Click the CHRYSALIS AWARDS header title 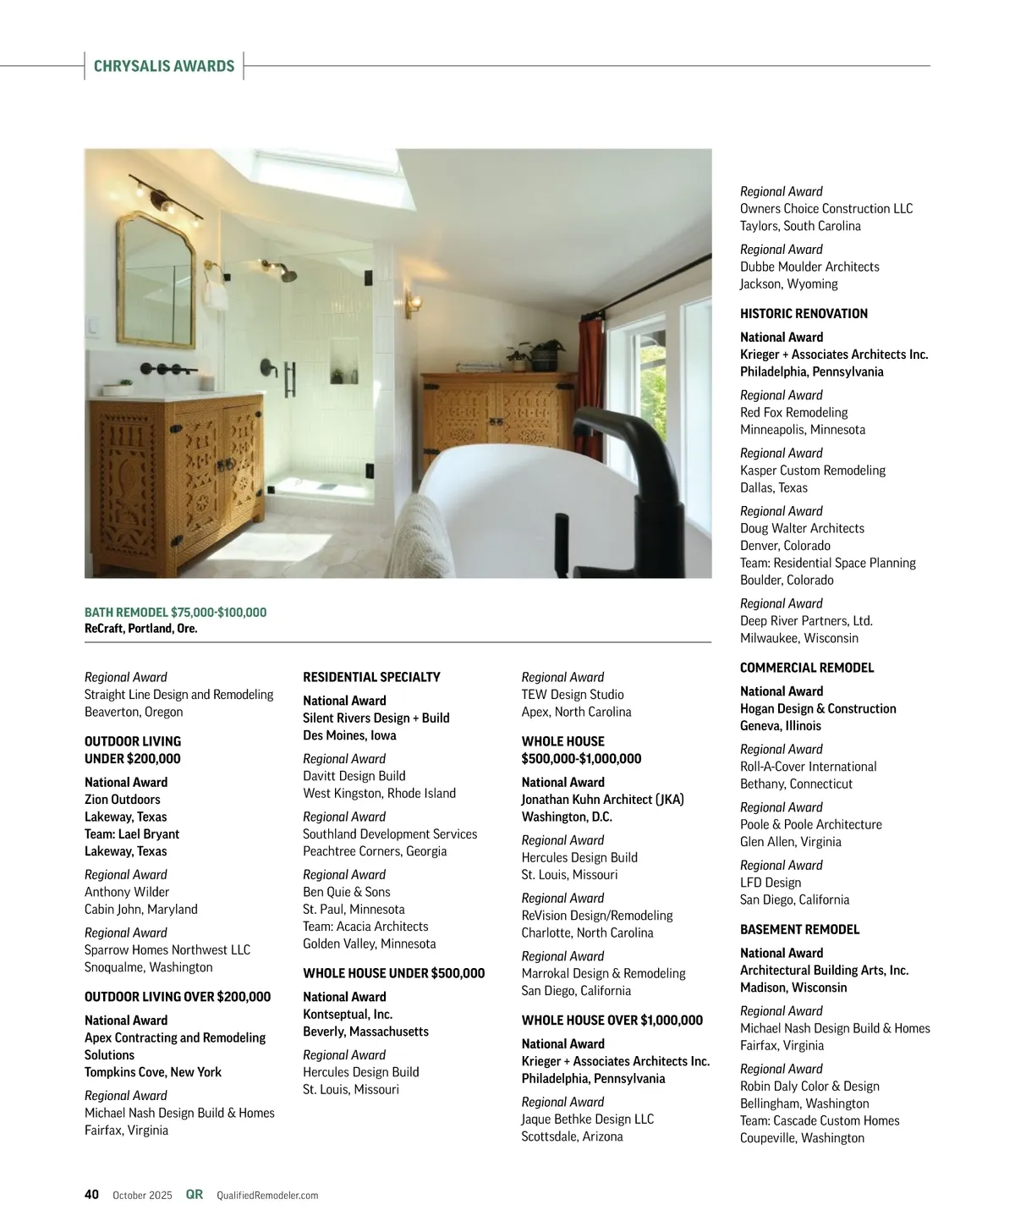click(164, 66)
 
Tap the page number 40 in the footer click(91, 1194)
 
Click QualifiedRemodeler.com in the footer click(267, 1195)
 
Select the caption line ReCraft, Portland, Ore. click(140, 629)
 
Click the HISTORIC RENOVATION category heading click(804, 314)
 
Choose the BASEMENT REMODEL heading click(799, 929)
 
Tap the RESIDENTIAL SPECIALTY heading click(371, 677)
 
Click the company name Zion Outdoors click(122, 800)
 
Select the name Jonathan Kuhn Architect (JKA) click(602, 800)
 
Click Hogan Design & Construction click(818, 708)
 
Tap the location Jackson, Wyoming click(788, 284)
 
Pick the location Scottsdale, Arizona click(572, 1136)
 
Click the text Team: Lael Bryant click(132, 834)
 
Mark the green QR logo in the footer click(195, 1194)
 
